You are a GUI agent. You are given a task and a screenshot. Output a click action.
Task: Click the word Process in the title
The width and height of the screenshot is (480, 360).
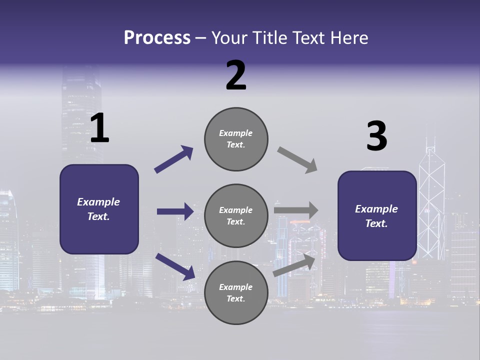(x=157, y=38)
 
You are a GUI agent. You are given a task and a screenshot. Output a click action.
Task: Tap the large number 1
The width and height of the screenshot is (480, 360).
(x=99, y=128)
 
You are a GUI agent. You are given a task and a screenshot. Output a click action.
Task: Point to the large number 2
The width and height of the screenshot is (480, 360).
(x=236, y=75)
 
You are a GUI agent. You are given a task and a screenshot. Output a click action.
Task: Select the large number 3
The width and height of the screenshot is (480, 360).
(x=376, y=136)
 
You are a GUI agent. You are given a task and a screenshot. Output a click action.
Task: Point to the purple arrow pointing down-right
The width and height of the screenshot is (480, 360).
(x=175, y=266)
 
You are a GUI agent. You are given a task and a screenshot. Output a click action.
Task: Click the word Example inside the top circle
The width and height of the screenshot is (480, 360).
(x=236, y=133)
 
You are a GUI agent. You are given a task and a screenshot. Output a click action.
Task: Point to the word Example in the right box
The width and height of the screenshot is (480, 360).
(x=376, y=209)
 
